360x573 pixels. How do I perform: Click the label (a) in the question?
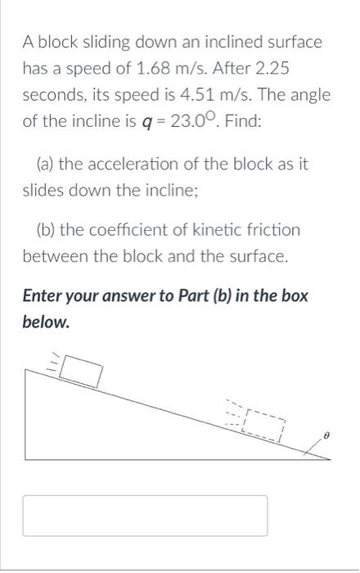point(46,164)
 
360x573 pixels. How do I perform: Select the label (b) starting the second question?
point(46,230)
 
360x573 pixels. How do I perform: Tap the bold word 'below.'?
point(46,322)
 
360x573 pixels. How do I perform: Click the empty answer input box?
point(145,516)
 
